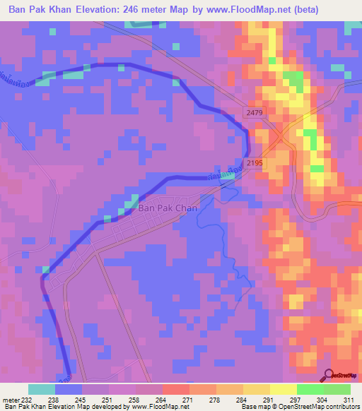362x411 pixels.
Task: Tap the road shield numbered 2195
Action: (x=255, y=163)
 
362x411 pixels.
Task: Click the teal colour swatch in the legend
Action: (x=42, y=389)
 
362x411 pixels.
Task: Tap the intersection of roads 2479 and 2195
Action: (x=281, y=134)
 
